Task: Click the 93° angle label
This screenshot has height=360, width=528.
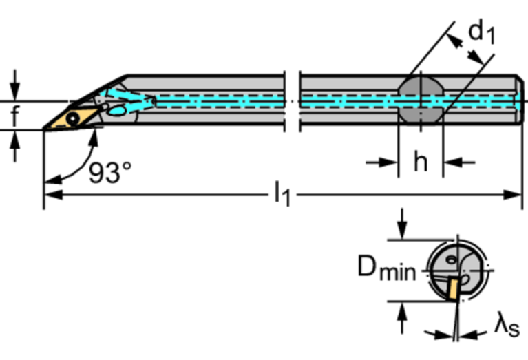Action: (x=110, y=173)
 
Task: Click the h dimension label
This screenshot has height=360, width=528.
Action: (x=419, y=162)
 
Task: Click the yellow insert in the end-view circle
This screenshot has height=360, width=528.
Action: (x=454, y=287)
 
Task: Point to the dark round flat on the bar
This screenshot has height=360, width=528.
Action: (x=419, y=100)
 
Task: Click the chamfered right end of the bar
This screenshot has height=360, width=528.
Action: (x=519, y=100)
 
